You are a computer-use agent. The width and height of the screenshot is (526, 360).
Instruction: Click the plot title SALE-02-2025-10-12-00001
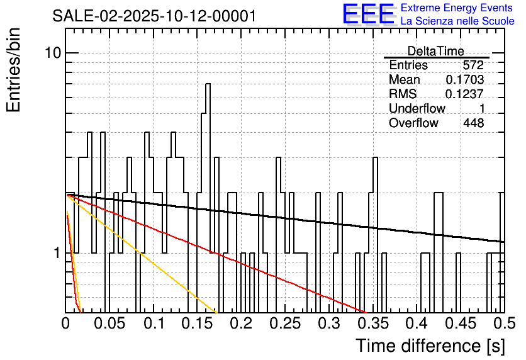[154, 16]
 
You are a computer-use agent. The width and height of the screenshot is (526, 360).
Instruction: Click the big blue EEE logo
[368, 14]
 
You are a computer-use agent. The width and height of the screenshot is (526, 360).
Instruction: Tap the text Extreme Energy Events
[457, 8]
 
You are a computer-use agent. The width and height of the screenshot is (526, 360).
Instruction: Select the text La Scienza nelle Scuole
[457, 21]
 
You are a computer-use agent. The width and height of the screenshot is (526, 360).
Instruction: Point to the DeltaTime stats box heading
[436, 51]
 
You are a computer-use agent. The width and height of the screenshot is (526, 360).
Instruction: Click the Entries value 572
[473, 65]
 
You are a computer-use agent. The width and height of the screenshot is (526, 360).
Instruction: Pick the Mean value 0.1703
[464, 80]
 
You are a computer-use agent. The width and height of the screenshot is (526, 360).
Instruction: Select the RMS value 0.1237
[464, 94]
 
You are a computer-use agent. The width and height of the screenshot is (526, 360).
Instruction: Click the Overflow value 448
[473, 123]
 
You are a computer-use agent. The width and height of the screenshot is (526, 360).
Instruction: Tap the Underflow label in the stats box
[417, 109]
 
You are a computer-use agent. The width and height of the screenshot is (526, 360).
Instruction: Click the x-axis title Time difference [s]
[430, 346]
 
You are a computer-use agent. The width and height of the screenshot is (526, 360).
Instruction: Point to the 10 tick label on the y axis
[52, 53]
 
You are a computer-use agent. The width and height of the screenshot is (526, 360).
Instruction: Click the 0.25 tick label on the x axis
[285, 324]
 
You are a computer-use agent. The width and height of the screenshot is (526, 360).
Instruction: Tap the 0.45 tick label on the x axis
[460, 324]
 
